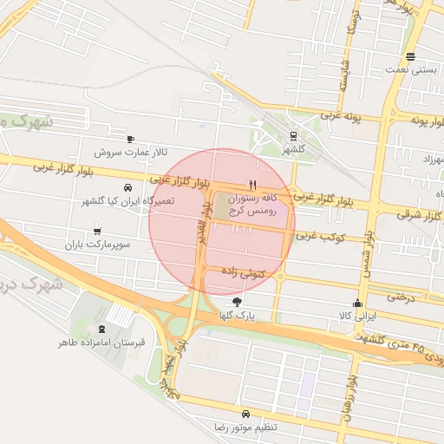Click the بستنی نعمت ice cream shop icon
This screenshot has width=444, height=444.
(410, 58)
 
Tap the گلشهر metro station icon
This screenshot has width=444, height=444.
(293, 135)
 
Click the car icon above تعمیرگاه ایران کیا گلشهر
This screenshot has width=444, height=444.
(128, 187)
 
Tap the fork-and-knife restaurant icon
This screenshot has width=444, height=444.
(252, 185)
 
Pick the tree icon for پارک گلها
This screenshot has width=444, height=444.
(238, 301)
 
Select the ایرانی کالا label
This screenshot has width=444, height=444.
(356, 317)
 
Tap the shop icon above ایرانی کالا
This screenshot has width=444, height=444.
(357, 303)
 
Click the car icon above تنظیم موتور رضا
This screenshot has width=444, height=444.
(246, 414)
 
